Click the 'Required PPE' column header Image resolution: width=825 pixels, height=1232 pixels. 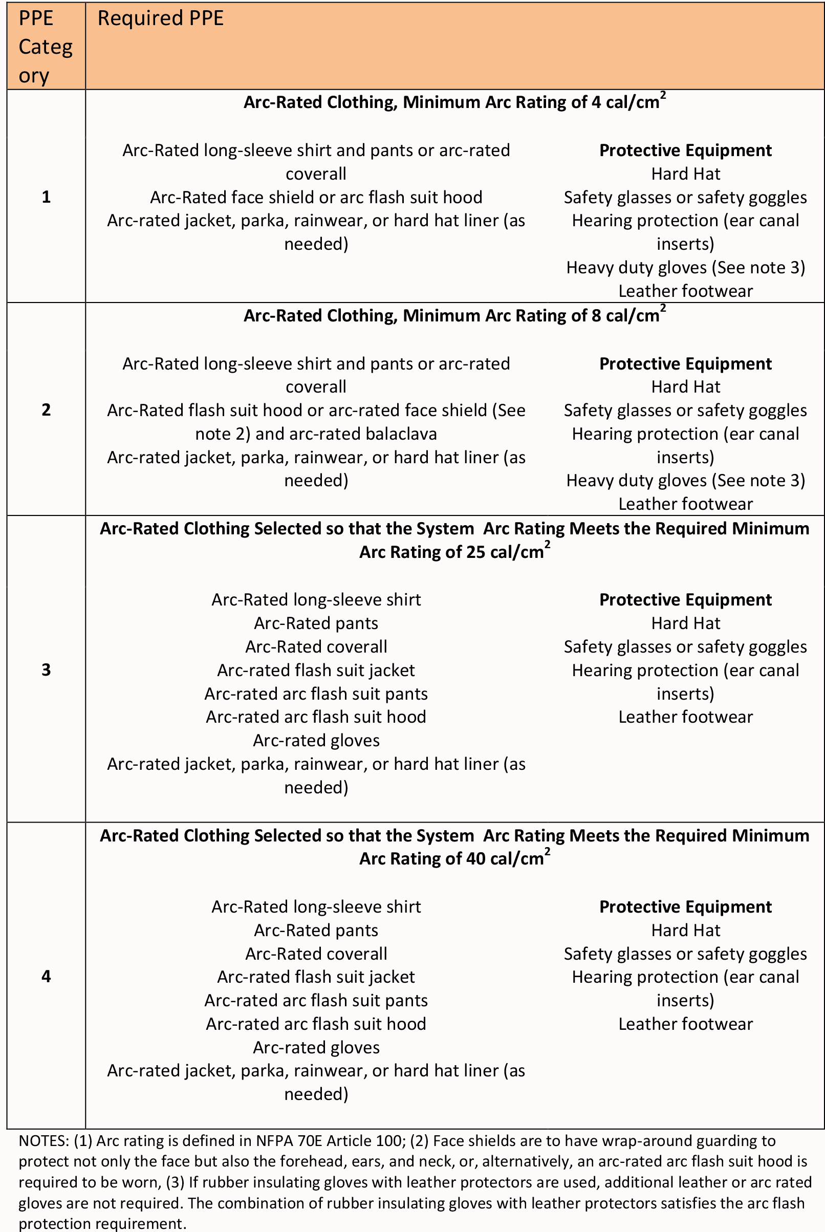pyautogui.click(x=161, y=19)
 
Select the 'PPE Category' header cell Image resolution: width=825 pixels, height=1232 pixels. pyautogui.click(x=45, y=47)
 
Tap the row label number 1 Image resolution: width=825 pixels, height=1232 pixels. pyautogui.click(x=46, y=197)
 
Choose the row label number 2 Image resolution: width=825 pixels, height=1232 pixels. pyautogui.click(x=46, y=410)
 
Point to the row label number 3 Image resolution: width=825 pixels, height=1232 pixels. pyautogui.click(x=46, y=669)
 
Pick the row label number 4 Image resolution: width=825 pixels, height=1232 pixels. pyautogui.click(x=46, y=977)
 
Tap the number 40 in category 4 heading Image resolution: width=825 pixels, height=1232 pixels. pyautogui.click(x=475, y=859)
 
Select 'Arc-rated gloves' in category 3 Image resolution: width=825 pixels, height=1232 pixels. pyautogui.click(x=316, y=741)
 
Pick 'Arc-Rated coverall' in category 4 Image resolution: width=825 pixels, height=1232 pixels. pyautogui.click(x=316, y=954)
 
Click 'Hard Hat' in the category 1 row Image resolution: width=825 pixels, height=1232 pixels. pyautogui.click(x=686, y=174)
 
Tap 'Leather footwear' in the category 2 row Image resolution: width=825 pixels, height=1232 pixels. pyautogui.click(x=686, y=504)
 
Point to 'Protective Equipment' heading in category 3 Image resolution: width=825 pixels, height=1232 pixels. pyautogui.click(x=686, y=600)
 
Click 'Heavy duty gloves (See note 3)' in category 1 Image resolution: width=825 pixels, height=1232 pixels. pyautogui.click(x=686, y=268)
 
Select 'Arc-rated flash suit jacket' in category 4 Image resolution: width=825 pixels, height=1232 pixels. pyautogui.click(x=316, y=977)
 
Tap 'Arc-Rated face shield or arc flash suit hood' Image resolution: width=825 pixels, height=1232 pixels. pyautogui.click(x=316, y=197)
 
